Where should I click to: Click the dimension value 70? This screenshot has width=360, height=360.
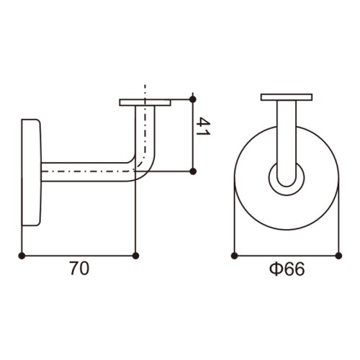click(79, 269)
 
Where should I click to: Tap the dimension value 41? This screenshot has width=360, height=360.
click(203, 127)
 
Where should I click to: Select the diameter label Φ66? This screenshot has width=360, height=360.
click(287, 269)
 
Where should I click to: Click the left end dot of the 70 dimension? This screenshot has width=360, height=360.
click(22, 256)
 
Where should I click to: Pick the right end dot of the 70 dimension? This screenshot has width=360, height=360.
click(136, 256)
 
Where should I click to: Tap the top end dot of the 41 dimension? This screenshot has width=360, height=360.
click(193, 99)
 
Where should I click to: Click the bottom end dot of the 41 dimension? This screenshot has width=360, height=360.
click(193, 171)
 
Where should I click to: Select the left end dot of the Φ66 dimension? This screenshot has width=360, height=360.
click(235, 256)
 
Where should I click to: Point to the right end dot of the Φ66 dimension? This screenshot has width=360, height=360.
click(338, 256)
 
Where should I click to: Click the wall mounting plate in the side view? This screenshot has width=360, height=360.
click(32, 172)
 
